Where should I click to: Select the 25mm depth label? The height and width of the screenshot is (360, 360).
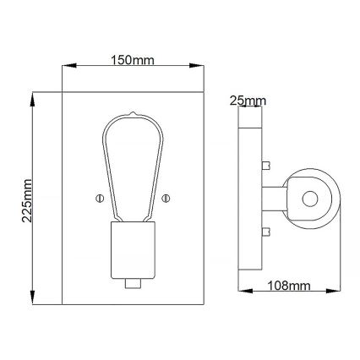[248, 102]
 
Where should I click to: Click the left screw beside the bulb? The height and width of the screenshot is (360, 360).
[98, 199]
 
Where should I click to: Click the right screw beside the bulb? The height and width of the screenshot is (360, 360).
[166, 199]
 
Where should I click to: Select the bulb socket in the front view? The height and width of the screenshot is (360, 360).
[132, 250]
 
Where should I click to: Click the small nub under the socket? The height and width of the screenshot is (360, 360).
[132, 283]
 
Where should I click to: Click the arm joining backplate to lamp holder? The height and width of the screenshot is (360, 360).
[274, 199]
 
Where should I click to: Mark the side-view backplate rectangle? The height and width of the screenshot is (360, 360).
[250, 199]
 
